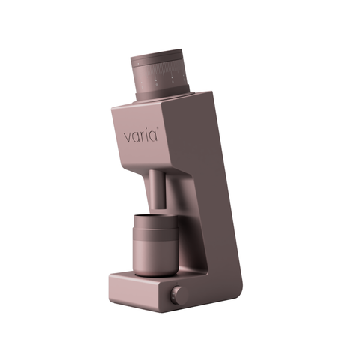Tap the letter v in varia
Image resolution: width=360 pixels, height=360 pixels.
[x=128, y=139]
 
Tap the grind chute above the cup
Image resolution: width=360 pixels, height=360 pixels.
[x=156, y=191]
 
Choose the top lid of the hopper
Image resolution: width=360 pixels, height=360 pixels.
[x=159, y=57]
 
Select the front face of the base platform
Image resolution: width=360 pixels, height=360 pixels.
[x=139, y=292]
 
